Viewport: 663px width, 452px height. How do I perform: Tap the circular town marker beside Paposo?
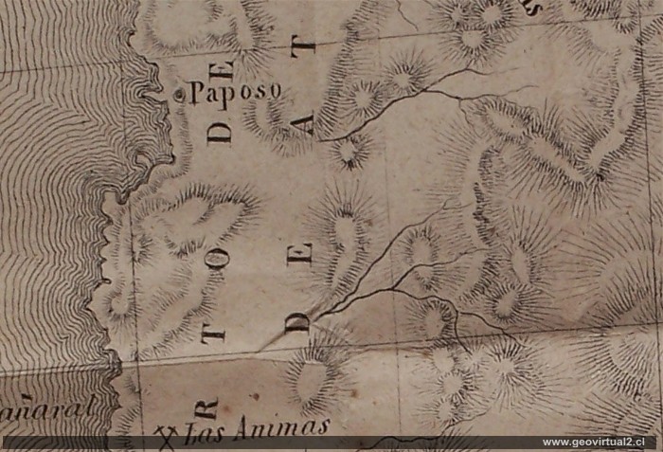[x=181, y=94]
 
